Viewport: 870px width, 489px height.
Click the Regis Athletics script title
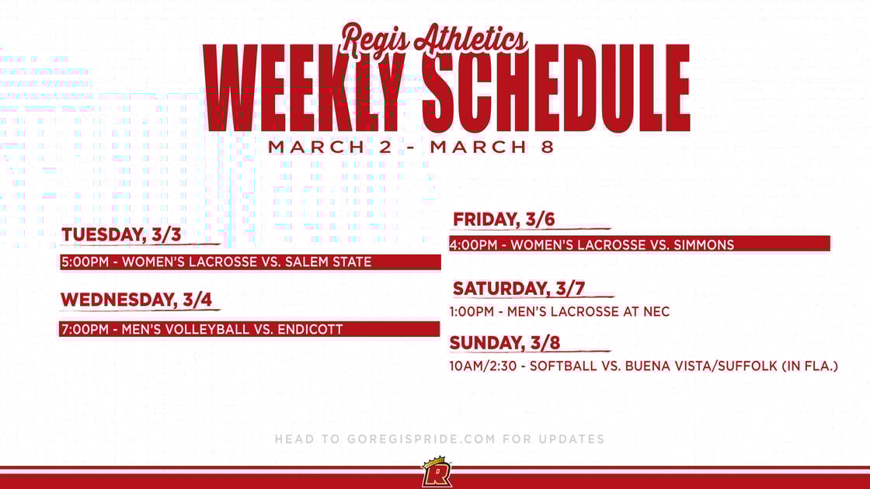[434, 37]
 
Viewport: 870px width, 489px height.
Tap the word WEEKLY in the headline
[304, 87]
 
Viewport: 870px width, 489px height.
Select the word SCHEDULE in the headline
[556, 87]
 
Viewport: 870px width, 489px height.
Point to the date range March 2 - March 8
[411, 147]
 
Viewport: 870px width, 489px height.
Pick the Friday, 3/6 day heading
[503, 220]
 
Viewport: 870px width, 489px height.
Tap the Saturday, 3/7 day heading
[518, 289]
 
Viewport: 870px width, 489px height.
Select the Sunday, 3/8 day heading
[504, 342]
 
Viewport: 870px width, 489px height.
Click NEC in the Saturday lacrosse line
[656, 312]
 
